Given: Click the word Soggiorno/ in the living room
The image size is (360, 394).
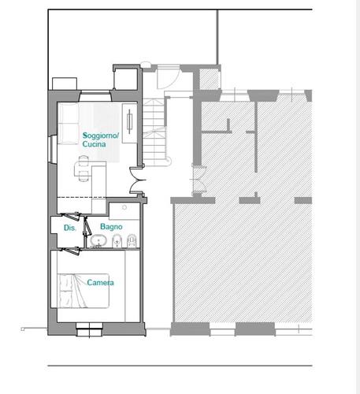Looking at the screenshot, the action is tap(101, 136).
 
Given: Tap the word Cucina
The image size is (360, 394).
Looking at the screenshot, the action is tap(94, 144).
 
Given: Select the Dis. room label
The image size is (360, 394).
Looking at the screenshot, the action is tap(70, 228).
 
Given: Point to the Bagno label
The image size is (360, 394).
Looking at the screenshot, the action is tap(111, 227).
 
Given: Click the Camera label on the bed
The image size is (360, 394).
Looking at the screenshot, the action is tap(100, 283).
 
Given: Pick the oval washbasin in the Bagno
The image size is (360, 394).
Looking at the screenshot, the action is tap(98, 240).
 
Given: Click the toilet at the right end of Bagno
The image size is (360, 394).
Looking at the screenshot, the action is tap(132, 241).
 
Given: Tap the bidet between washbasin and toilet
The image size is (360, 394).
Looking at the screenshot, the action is tap(117, 241).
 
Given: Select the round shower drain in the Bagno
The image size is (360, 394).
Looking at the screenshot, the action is tap(124, 207).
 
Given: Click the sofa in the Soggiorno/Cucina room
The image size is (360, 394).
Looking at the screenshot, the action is tap(68, 123).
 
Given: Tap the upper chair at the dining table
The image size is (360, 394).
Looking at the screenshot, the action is tap(84, 161).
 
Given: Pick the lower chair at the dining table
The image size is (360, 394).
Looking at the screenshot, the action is tap(84, 176).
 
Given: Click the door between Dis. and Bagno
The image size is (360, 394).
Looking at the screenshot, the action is tap(87, 226).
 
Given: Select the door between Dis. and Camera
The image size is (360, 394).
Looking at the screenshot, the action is tap(71, 251).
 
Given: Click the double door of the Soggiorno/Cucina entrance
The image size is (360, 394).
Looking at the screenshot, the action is tap(137, 180).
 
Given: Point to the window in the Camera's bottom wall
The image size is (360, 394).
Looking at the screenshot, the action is tap(89, 329).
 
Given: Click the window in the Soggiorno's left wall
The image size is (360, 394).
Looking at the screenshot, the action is tap(53, 149).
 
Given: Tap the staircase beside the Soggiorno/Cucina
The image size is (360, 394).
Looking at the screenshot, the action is tap(155, 132).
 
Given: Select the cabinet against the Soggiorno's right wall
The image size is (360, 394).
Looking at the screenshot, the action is tap(129, 123).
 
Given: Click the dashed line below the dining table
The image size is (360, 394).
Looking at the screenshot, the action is tap(82, 197).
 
